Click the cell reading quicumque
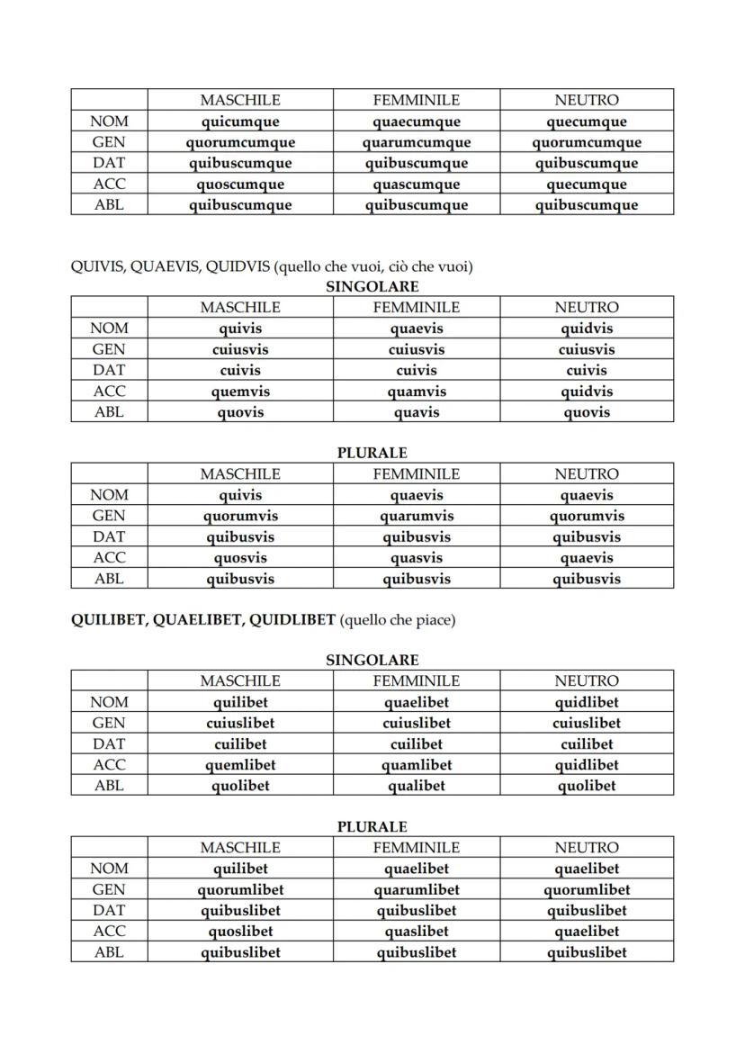pyautogui.click(x=240, y=122)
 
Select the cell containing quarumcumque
pyautogui.click(x=417, y=142)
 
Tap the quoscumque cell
pyautogui.click(x=240, y=185)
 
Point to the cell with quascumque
pyautogui.click(x=417, y=185)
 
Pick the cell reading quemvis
pyautogui.click(x=240, y=392)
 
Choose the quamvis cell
pyautogui.click(x=417, y=392)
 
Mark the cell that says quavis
pyautogui.click(x=417, y=412)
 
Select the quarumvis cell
pyautogui.click(x=417, y=516)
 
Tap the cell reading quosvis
pyautogui.click(x=240, y=558)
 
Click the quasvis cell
pyautogui.click(x=417, y=558)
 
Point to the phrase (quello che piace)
pyautogui.click(x=398, y=620)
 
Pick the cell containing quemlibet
pyautogui.click(x=240, y=765)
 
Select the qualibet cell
pyautogui.click(x=417, y=786)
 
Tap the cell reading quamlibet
pyautogui.click(x=417, y=765)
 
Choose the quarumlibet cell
pyautogui.click(x=417, y=889)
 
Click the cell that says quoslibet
pyautogui.click(x=240, y=932)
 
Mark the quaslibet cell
pyautogui.click(x=417, y=932)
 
